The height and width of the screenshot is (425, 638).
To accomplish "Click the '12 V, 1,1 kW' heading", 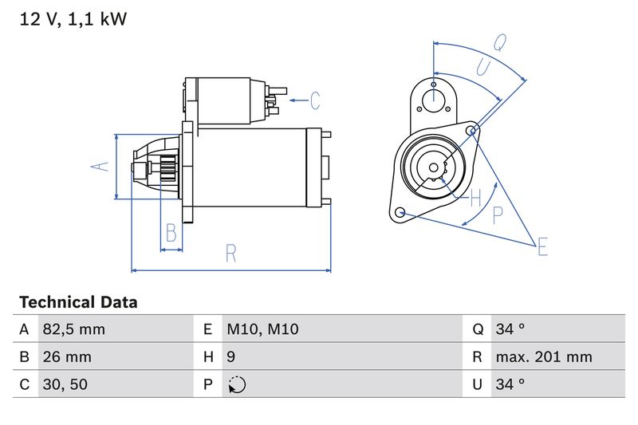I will [x=73, y=20].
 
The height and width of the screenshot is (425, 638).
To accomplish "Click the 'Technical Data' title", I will [x=78, y=302].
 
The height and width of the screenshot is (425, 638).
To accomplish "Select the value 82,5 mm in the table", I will [x=73, y=329].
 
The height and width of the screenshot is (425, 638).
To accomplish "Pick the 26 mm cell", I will [x=68, y=356].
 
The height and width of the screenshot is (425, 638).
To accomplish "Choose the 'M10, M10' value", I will [x=262, y=329].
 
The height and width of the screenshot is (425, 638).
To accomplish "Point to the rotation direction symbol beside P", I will [x=237, y=384].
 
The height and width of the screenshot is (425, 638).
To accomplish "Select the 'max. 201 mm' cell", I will [x=543, y=356].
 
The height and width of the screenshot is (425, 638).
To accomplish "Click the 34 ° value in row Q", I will [x=510, y=329].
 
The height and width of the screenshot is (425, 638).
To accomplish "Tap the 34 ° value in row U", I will [x=510, y=384].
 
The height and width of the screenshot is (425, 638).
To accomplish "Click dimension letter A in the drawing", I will [x=98, y=167].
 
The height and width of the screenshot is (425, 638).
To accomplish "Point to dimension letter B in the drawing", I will [x=171, y=233].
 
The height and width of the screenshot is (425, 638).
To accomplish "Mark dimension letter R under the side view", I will [x=230, y=254].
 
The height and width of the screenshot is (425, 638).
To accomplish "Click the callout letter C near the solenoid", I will [x=314, y=100].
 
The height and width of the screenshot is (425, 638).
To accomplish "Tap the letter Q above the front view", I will [x=500, y=41].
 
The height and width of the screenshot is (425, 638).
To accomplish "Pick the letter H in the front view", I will [x=476, y=196].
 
